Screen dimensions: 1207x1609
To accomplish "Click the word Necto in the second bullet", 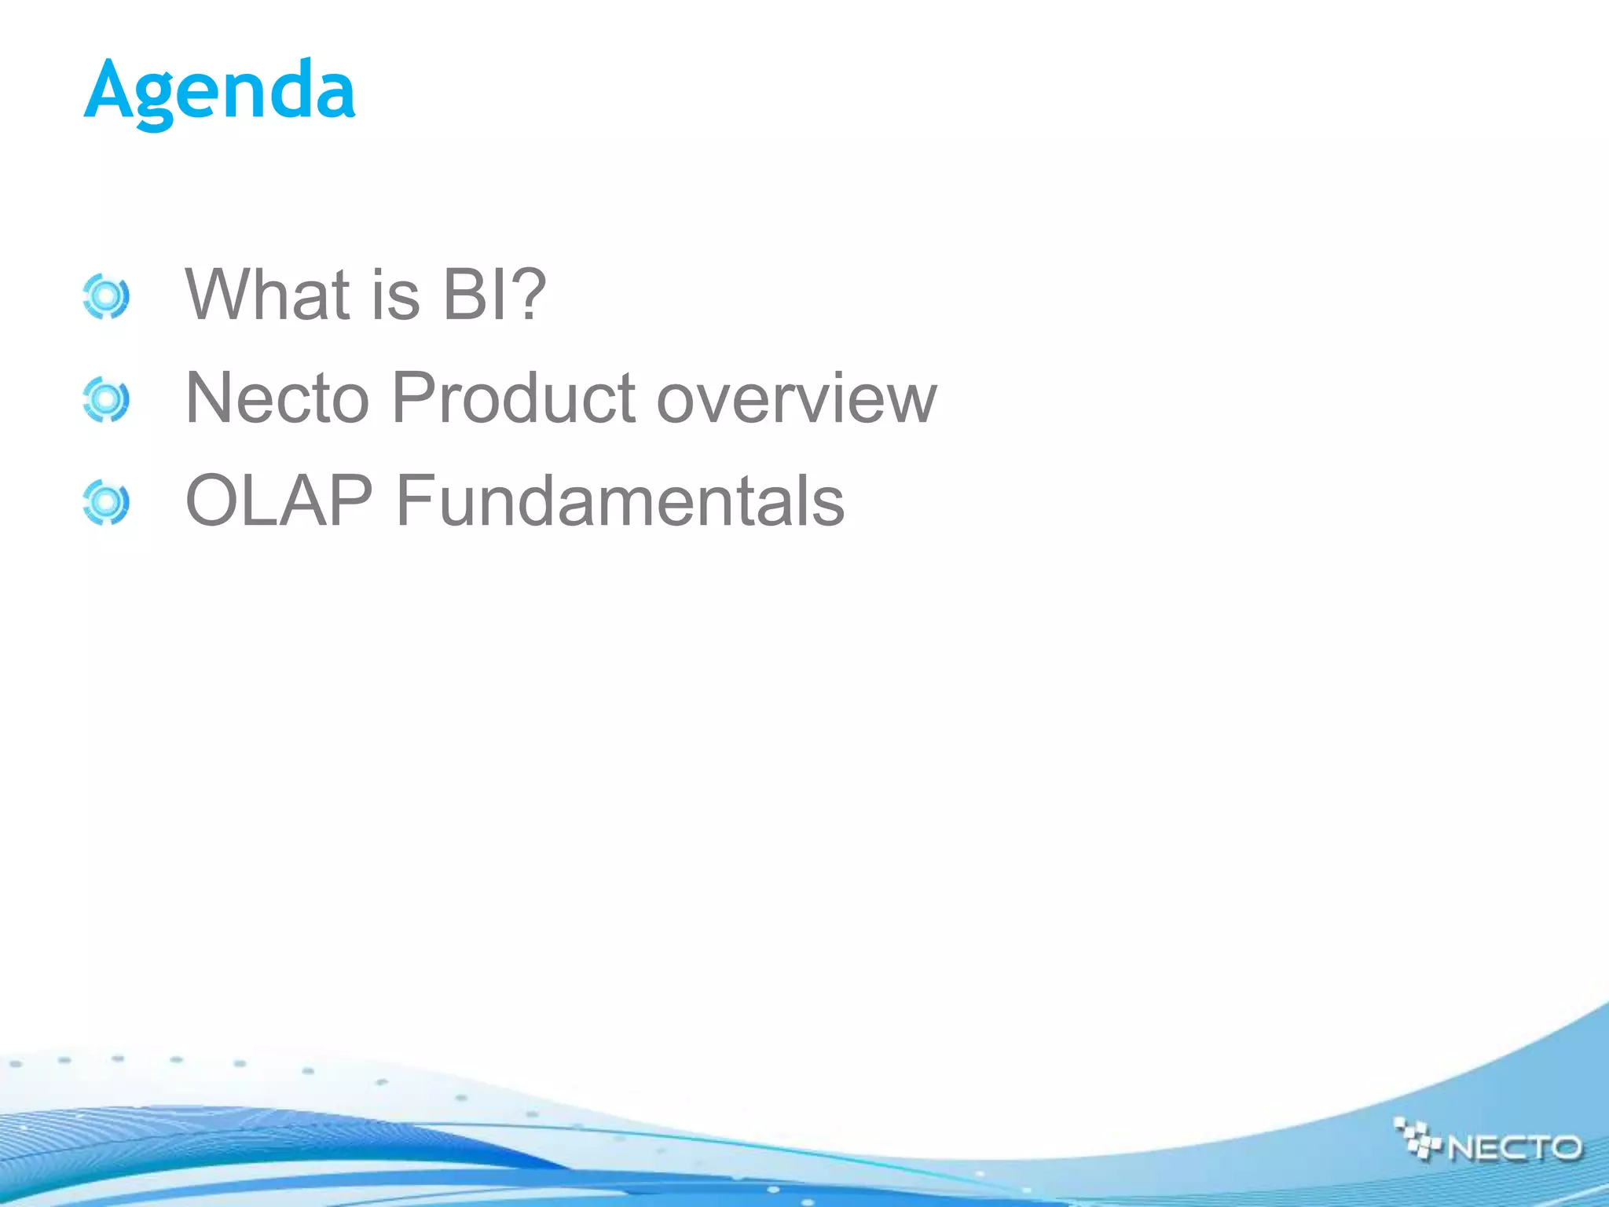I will pos(277,398).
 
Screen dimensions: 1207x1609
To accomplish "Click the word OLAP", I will pos(279,501).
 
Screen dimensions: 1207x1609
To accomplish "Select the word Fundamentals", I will pos(620,501).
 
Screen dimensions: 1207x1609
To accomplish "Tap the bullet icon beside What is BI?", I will pos(105,297).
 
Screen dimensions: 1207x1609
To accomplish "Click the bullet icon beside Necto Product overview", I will pos(105,400).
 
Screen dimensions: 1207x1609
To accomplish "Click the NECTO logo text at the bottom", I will pos(1514,1148).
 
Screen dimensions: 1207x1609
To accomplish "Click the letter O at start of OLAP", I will pos(211,501).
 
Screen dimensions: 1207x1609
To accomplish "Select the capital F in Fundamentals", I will pos(412,501).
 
